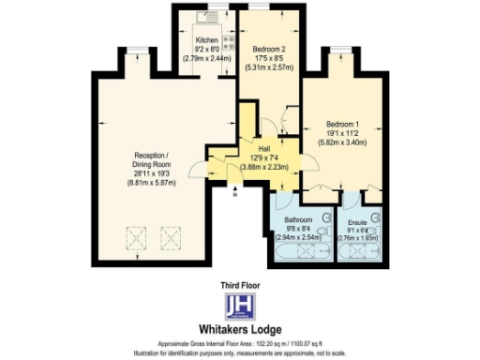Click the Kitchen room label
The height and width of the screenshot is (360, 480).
205,41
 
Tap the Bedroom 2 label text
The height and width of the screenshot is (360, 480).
268,49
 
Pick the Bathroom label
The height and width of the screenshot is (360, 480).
297,220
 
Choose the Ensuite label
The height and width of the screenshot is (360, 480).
357,221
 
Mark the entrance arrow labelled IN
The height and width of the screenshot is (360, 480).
235,190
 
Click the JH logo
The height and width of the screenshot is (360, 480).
239,307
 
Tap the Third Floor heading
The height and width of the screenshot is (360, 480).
239,285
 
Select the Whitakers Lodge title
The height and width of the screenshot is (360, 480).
239,329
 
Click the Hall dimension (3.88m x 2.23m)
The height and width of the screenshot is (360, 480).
262,166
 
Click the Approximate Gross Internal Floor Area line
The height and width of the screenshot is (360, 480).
239,343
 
